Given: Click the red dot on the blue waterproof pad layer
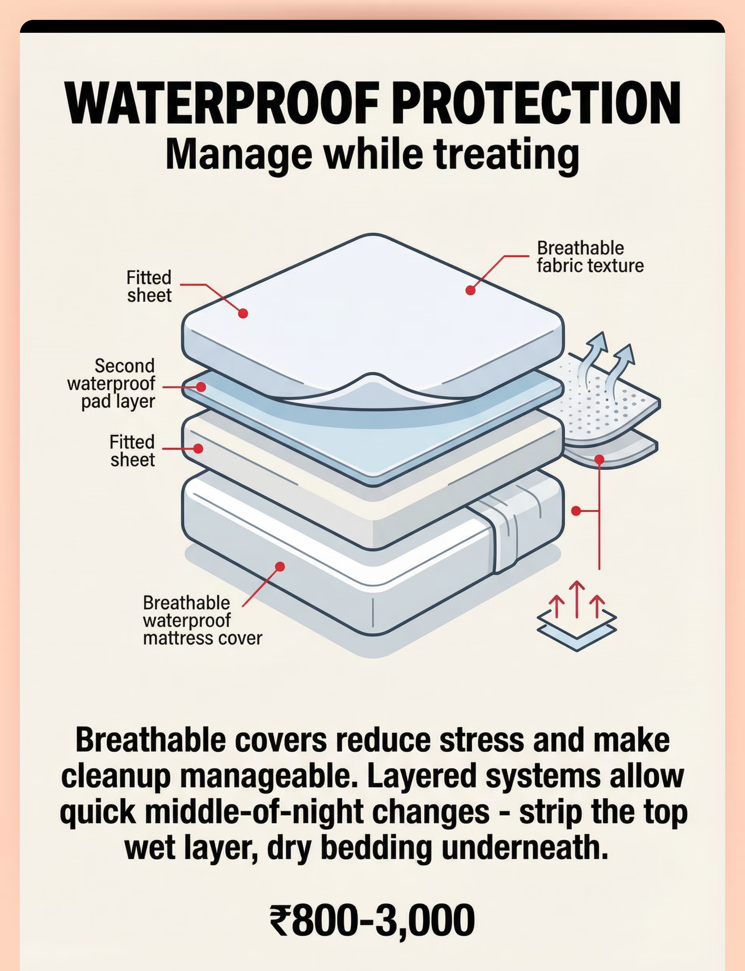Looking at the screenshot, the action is point(201,387).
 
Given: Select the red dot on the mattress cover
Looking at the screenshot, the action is point(280,567).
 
